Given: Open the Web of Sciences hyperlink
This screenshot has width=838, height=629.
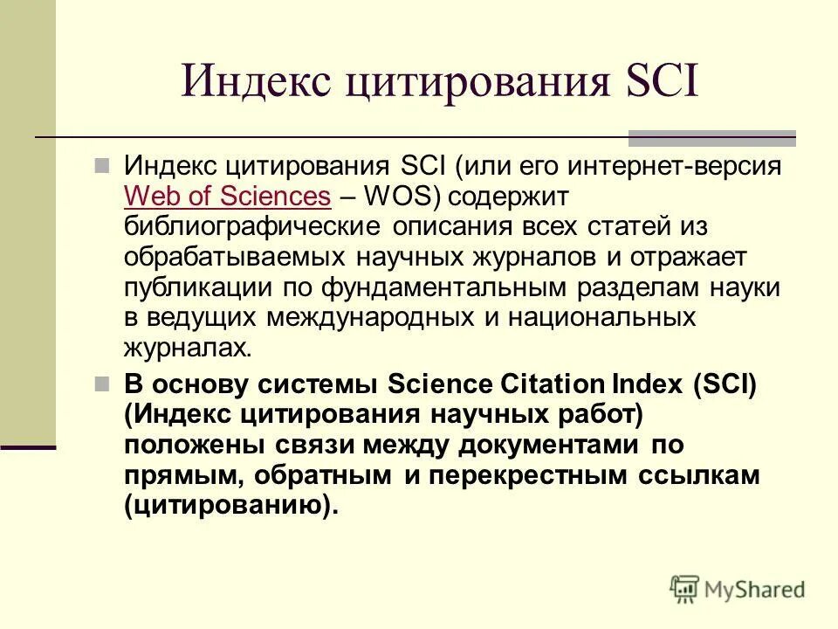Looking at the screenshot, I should [x=228, y=196].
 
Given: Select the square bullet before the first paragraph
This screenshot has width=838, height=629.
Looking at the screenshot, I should [x=102, y=165].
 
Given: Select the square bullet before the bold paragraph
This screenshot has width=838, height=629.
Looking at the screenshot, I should [x=102, y=384].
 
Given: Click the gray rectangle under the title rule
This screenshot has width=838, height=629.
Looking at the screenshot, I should [x=712, y=137].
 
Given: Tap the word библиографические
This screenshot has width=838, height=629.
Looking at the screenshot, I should [x=252, y=226].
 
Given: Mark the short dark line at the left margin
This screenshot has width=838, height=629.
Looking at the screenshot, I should [x=28, y=447].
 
